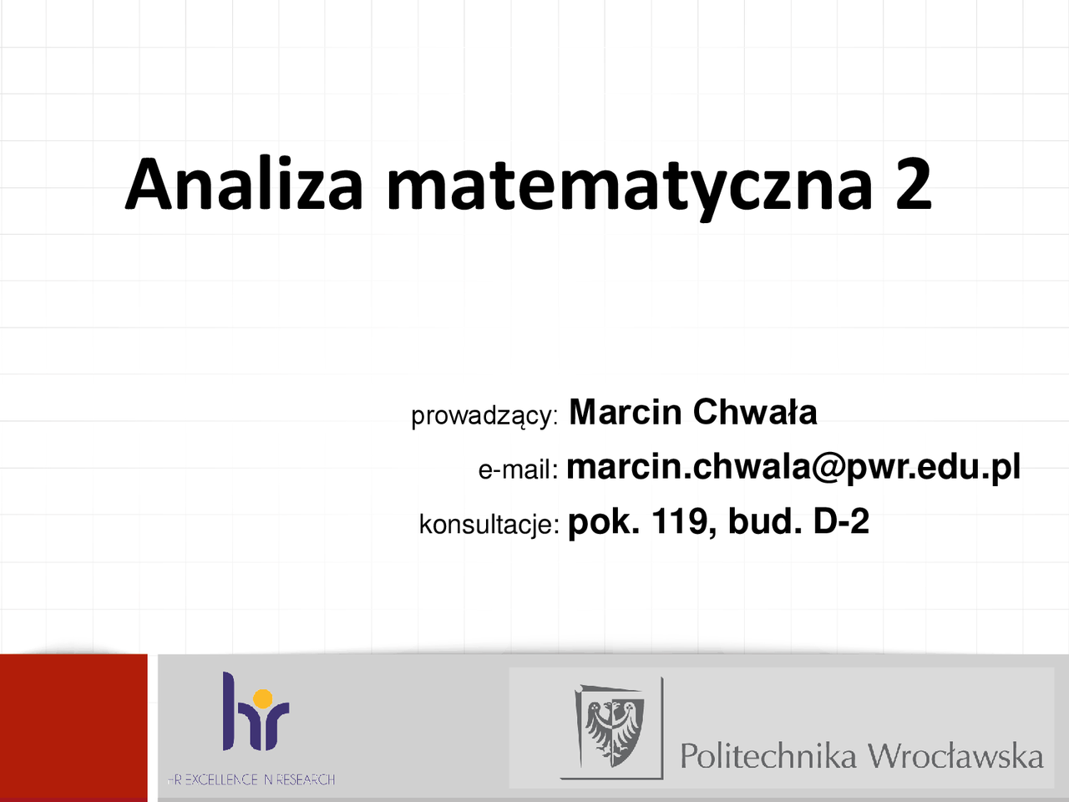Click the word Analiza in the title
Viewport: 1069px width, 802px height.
click(x=244, y=184)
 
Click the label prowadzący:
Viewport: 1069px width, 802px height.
click(x=484, y=417)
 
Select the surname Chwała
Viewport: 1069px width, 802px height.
click(x=755, y=412)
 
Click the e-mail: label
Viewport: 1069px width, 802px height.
click(x=518, y=470)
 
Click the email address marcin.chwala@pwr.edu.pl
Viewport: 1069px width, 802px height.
click(x=793, y=469)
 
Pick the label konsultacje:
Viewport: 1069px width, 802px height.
click(x=489, y=525)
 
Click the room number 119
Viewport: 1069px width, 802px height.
click(x=678, y=521)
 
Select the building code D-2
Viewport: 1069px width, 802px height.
click(x=841, y=521)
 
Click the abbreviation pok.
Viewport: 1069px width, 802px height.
click(x=604, y=523)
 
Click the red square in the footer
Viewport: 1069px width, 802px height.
click(x=73, y=728)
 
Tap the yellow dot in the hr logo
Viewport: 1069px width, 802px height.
click(x=262, y=698)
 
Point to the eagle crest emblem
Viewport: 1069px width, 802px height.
click(x=614, y=728)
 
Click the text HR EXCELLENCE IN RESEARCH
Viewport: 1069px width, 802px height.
click(x=251, y=780)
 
